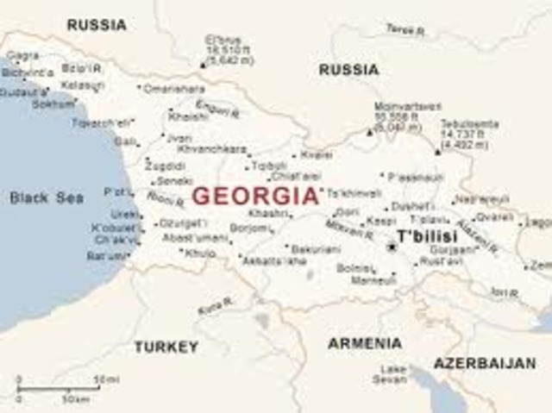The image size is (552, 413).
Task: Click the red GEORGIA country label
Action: (255, 196)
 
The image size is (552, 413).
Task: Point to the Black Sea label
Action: (47, 197)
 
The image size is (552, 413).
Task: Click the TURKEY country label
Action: (166, 347)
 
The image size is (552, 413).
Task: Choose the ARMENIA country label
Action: (365, 343)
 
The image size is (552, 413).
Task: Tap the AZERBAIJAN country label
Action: (484, 363)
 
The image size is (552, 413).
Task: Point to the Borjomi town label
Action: (248, 228)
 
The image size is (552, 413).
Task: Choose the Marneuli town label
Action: (379, 279)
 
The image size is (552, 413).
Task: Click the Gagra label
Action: (22, 56)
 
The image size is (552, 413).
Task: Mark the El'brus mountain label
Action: (222, 40)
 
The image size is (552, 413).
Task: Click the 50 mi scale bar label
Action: (105, 379)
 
